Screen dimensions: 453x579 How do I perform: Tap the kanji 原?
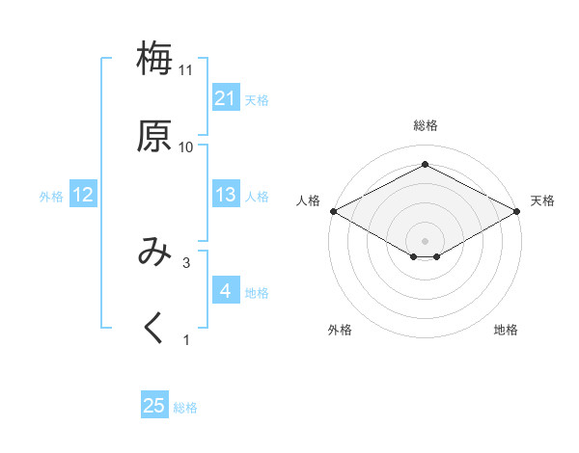(x=154, y=136)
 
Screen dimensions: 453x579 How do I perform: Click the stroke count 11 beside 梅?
(x=185, y=70)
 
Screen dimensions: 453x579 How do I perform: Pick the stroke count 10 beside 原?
(x=185, y=147)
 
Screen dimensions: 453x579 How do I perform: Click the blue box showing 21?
(x=225, y=98)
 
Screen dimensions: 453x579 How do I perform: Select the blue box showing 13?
(x=225, y=195)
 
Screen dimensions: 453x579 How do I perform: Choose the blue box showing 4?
(x=225, y=291)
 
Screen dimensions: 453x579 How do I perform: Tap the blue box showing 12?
(x=83, y=195)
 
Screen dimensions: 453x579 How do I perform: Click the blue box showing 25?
(x=154, y=407)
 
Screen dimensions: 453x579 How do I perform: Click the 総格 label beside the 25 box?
(x=185, y=408)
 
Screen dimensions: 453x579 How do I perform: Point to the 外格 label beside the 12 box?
(x=51, y=196)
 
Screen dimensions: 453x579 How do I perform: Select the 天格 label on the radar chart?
(x=542, y=200)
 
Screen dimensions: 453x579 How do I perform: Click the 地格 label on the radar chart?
(x=506, y=330)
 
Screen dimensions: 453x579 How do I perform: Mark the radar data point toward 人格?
(x=333, y=210)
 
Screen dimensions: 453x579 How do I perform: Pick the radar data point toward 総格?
(x=425, y=165)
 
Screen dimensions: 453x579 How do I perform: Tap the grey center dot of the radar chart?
(x=425, y=240)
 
